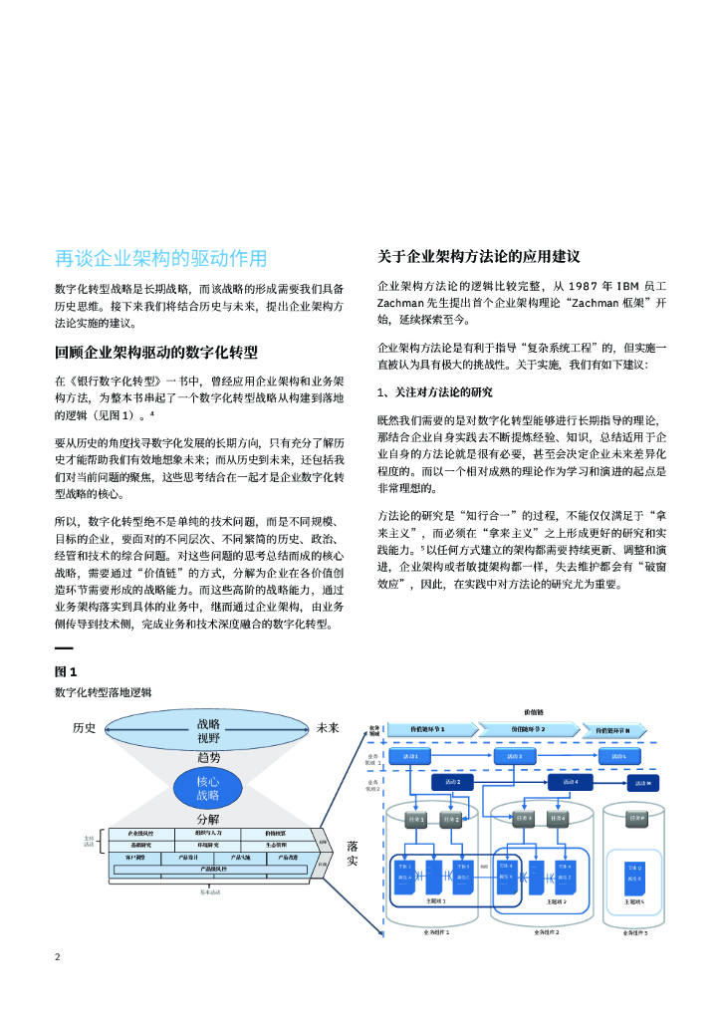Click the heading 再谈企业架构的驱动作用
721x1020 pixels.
tap(160, 258)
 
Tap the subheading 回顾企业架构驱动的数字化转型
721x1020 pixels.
tap(155, 353)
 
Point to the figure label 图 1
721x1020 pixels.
tap(66, 671)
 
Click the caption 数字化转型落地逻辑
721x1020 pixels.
tap(104, 692)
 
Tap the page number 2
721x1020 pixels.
tap(58, 957)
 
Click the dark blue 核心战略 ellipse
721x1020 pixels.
tap(207, 789)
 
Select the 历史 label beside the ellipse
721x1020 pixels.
tap(85, 728)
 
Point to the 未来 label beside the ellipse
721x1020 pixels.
tap(329, 728)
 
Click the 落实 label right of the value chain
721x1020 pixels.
tap(353, 853)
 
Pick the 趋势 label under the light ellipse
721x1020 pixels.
tap(207, 758)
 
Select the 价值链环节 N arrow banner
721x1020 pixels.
tap(618, 730)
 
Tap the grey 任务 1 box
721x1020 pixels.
tap(416, 819)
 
